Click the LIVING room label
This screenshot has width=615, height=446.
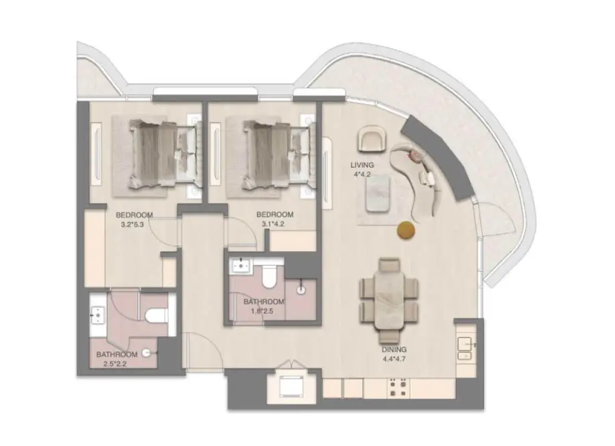tap(362, 165)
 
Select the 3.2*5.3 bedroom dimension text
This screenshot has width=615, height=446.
tap(134, 224)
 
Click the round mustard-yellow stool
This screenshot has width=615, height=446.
tap(406, 230)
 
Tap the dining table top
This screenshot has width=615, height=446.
tap(389, 293)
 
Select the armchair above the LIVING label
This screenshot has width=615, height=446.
tap(372, 140)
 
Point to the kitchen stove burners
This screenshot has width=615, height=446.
tap(398, 387)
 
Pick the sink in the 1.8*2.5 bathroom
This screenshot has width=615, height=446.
tap(239, 266)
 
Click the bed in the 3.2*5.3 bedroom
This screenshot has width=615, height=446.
tap(157, 154)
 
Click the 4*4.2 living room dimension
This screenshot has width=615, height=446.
tap(362, 175)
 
